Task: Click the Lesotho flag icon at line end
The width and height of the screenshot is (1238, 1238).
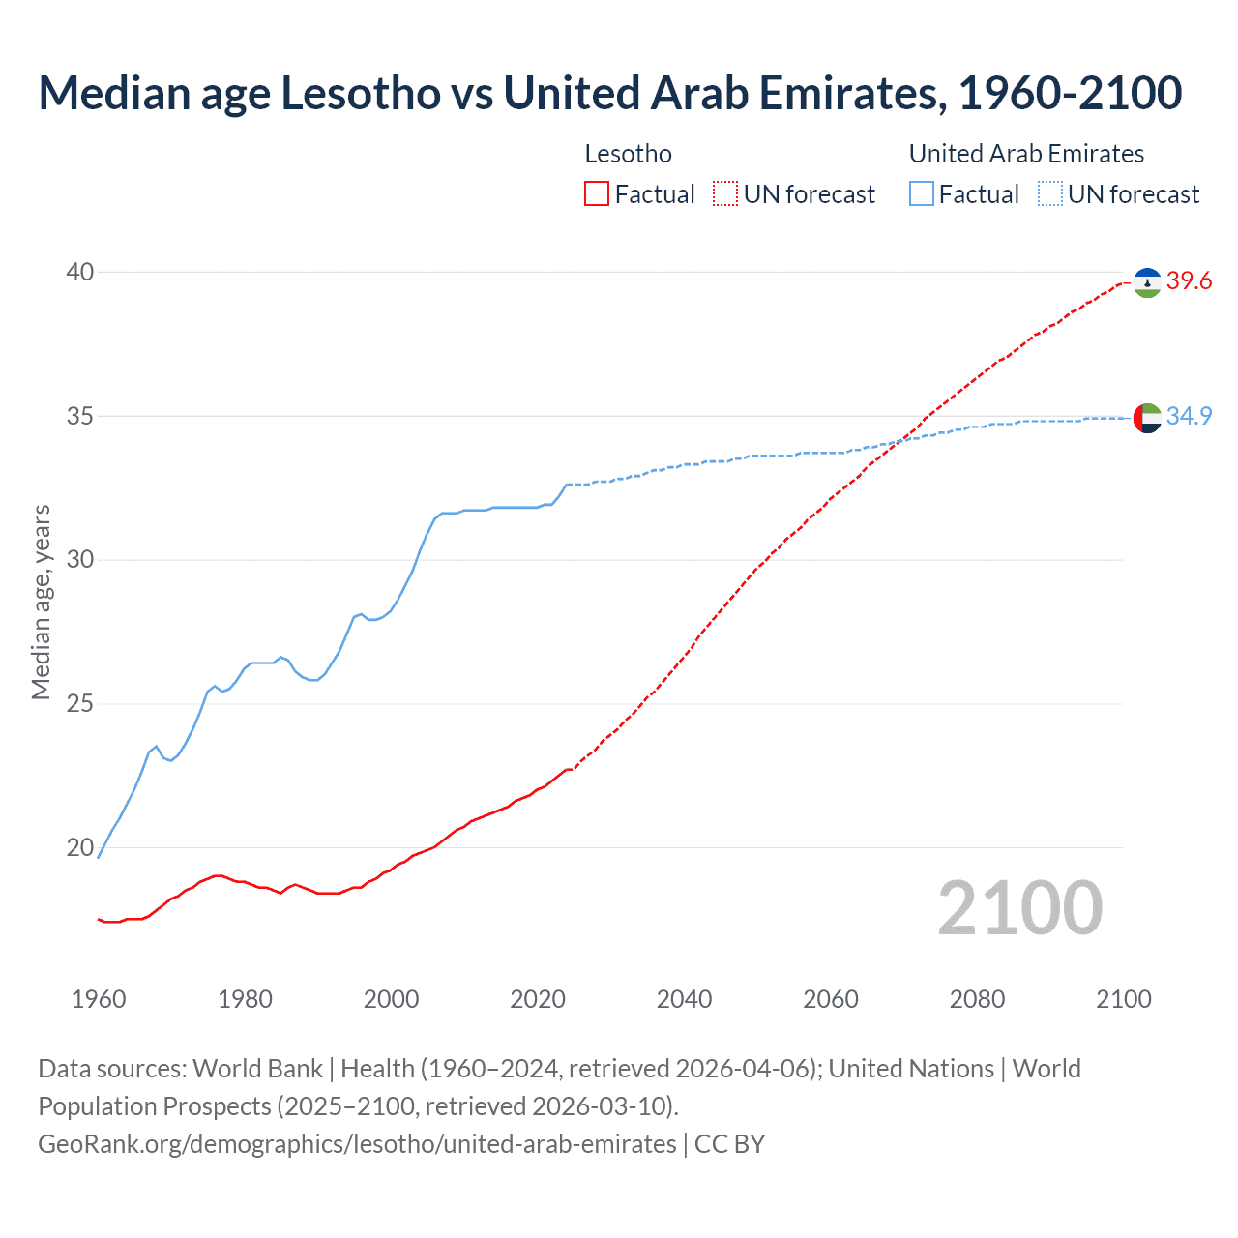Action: point(1147,282)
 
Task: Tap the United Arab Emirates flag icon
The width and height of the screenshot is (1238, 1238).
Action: point(1147,418)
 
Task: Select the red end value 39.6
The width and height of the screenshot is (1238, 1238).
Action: point(1189,281)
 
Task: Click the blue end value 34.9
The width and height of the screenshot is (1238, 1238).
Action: point(1189,416)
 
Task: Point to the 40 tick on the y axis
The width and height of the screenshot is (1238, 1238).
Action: point(80,273)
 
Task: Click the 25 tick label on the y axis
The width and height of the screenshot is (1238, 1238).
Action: point(80,703)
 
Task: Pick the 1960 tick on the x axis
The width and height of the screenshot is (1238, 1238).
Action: point(99,999)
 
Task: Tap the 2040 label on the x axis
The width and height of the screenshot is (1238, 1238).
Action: point(684,999)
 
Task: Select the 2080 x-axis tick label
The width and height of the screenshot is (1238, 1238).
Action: point(977,999)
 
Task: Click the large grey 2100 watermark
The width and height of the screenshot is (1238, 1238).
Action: point(1019,908)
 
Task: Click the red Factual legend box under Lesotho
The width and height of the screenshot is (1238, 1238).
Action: point(597,194)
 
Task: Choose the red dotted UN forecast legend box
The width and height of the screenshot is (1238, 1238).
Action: point(725,194)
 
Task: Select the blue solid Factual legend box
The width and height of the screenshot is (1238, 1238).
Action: point(922,194)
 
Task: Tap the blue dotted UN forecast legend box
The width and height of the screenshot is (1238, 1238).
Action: point(1049,194)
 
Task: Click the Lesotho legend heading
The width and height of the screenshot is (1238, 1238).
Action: point(629,154)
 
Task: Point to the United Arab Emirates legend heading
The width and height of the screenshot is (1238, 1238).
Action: point(1026,154)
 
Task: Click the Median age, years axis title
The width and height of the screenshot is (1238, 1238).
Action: point(41,602)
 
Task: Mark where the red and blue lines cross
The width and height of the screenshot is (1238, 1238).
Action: point(900,441)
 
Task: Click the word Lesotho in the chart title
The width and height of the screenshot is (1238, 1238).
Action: point(361,93)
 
